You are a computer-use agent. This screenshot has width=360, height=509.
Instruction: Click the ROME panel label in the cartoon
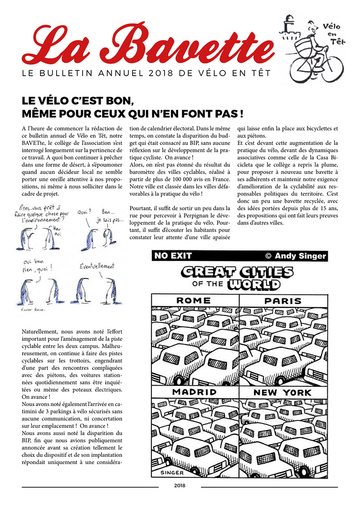pos(193,301)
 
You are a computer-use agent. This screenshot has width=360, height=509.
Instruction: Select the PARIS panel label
pos(283,301)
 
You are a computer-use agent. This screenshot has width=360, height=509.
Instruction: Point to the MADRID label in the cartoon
pos(194,392)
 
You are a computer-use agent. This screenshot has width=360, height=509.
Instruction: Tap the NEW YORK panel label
pos(282,392)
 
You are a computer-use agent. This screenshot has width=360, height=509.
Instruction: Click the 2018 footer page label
pos(180,487)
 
